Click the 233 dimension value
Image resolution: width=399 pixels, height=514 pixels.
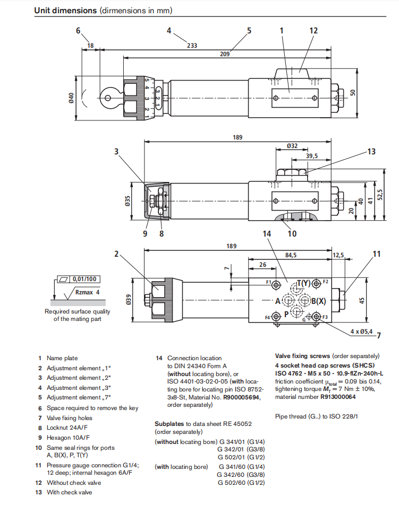click(x=192, y=46)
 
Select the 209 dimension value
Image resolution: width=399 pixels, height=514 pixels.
click(x=225, y=54)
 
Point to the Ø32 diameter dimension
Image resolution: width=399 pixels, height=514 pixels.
click(x=292, y=146)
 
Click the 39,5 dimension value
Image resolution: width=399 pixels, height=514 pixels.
click(x=312, y=156)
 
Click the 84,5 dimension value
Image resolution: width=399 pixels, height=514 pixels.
click(x=291, y=255)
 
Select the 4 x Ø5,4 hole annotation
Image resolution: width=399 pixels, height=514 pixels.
click(x=363, y=332)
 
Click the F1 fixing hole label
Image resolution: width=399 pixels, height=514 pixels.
click(x=268, y=282)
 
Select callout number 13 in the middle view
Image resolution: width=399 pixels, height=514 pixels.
click(x=371, y=152)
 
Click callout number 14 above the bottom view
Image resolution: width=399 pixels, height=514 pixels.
click(x=267, y=233)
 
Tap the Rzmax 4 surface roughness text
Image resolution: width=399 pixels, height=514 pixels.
click(x=87, y=292)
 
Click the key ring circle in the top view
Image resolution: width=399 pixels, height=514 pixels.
click(x=108, y=98)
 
